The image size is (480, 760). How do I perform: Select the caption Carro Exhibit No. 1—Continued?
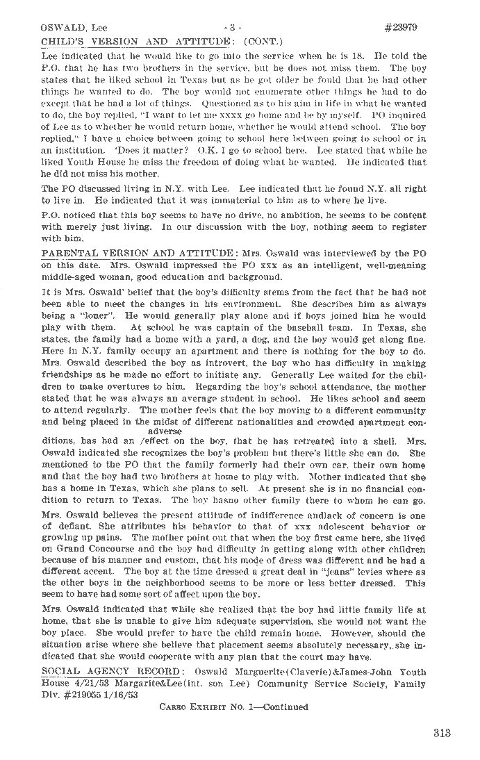pyautogui.click(x=234, y=707)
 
